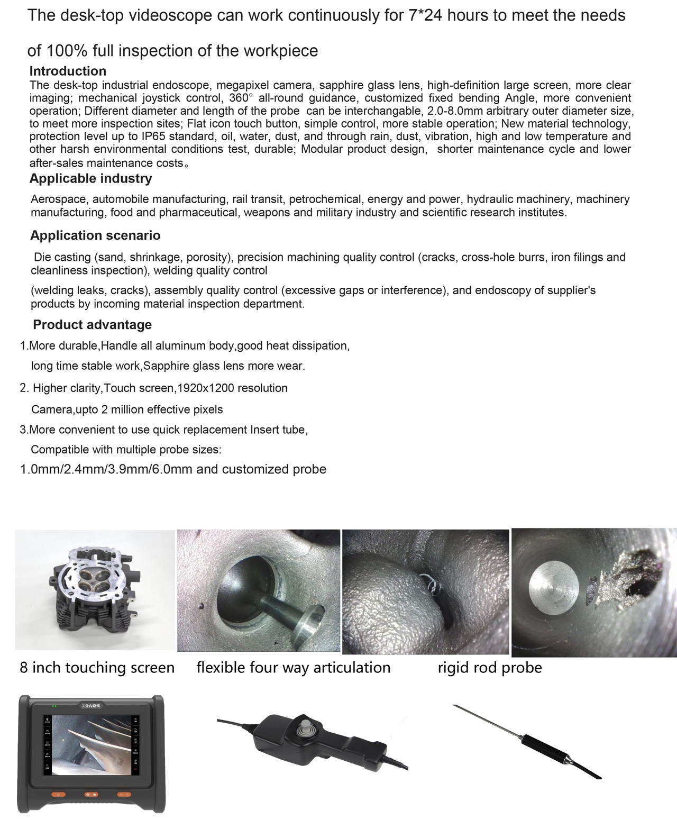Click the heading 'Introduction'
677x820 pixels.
tap(68, 71)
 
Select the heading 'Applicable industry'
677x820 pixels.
tap(90, 179)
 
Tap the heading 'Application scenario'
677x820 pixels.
tap(95, 235)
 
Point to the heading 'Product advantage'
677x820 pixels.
tap(92, 325)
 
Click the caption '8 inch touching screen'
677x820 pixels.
tap(97, 668)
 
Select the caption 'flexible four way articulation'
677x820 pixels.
tap(293, 668)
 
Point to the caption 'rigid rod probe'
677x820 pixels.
tap(489, 668)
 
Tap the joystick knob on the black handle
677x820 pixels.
tap(303, 730)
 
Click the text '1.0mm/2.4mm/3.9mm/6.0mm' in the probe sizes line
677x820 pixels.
tap(106, 469)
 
